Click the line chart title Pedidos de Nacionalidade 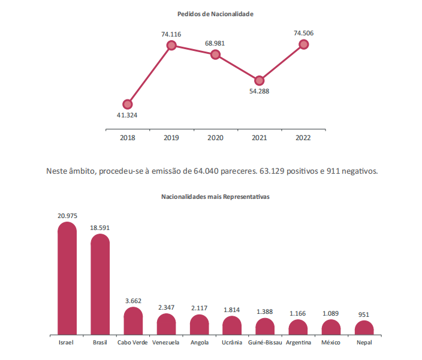pos(215,14)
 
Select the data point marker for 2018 pos(128,104)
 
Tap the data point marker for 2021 pos(260,80)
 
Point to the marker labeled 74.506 pos(303,44)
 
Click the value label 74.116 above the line pos(172,35)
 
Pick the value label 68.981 pos(216,44)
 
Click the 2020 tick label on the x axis pos(216,138)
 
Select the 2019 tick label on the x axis pos(172,138)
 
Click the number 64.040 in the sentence pos(206,171)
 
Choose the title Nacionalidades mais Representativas pos(215,196)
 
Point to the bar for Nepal pos(364,328)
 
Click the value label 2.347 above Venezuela pos(166,307)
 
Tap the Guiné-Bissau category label pos(265,343)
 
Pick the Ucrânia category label pos(232,343)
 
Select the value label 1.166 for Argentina pos(298,313)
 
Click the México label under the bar pos(331,343)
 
